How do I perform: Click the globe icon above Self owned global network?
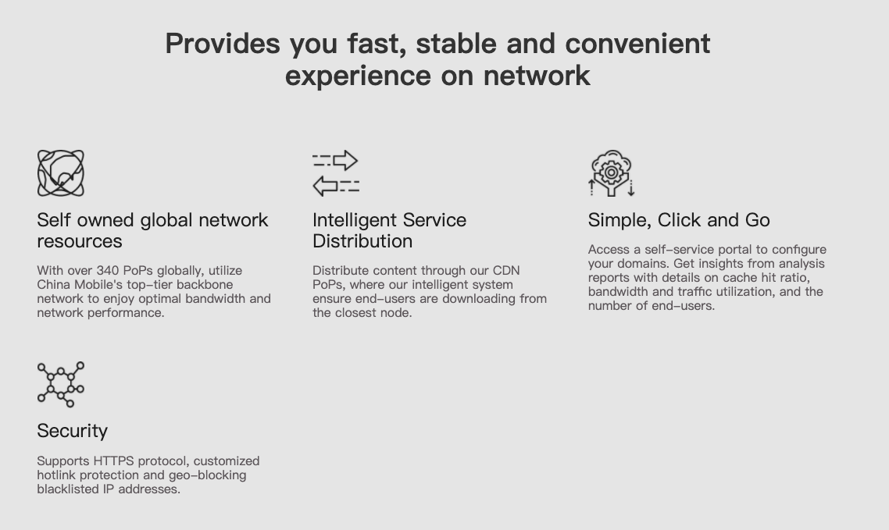(61, 173)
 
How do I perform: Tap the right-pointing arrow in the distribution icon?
(345, 160)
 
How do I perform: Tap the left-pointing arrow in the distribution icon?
(326, 186)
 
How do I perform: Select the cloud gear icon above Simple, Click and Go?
(611, 173)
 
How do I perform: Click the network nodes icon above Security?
(61, 385)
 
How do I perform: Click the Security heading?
(73, 431)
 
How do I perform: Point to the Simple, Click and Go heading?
(679, 219)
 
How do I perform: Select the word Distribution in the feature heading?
(362, 240)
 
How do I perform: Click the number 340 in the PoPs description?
(107, 271)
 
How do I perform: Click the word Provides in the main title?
(222, 44)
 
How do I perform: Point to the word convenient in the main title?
(637, 44)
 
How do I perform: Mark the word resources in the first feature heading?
(80, 241)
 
